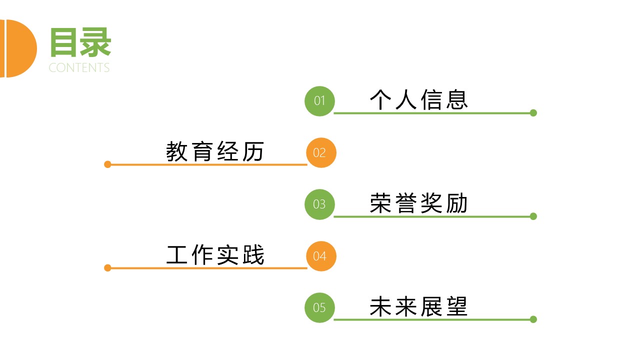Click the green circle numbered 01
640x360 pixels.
tap(319, 101)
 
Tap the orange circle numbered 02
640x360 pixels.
tap(321, 152)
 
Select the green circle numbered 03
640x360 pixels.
tap(319, 204)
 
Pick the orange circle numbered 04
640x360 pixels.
tap(321, 256)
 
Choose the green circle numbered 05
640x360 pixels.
tap(319, 307)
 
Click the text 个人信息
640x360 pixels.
tap(418, 100)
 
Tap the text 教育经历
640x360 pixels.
tap(215, 151)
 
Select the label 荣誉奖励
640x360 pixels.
tap(418, 203)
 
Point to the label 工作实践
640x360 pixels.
tap(215, 255)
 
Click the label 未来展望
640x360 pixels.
tap(418, 306)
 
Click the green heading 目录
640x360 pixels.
tap(80, 42)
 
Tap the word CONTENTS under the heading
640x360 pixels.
tap(79, 68)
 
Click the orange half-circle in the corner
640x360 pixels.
tap(20, 48)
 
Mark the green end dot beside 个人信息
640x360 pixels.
tap(533, 113)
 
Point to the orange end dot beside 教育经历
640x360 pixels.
tap(107, 164)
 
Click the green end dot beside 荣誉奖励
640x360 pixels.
tap(533, 216)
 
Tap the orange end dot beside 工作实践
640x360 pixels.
tap(107, 268)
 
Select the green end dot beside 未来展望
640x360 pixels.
tap(533, 319)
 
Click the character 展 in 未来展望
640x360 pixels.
tap(430, 306)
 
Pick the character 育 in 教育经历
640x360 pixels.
tap(202, 151)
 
